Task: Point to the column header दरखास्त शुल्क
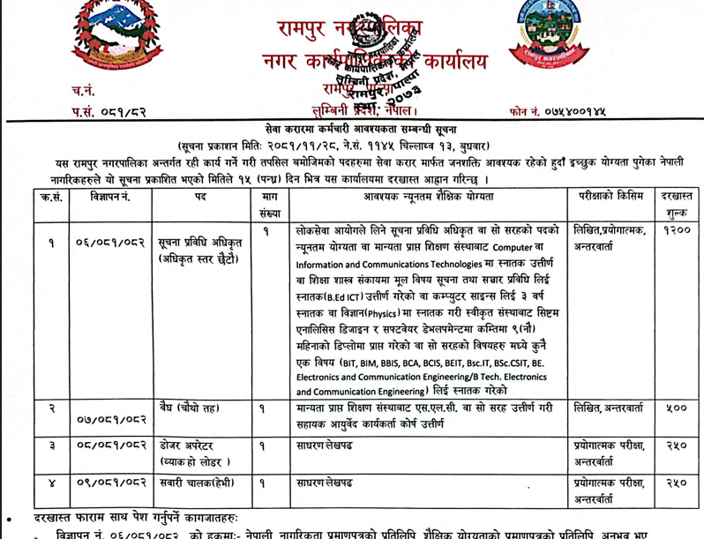(678, 204)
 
